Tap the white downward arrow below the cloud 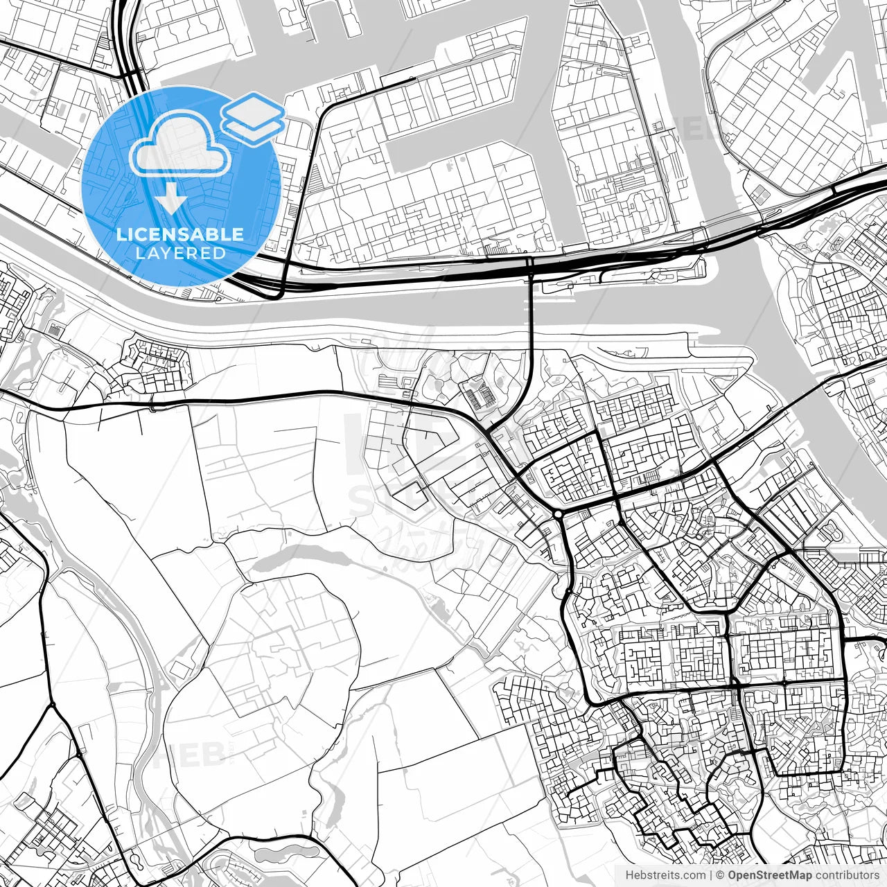[x=170, y=202]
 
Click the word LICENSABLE [x=180, y=234]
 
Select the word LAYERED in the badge [x=180, y=253]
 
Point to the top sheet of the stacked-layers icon [x=254, y=109]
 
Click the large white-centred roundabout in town [x=558, y=514]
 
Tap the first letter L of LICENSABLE [x=121, y=234]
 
